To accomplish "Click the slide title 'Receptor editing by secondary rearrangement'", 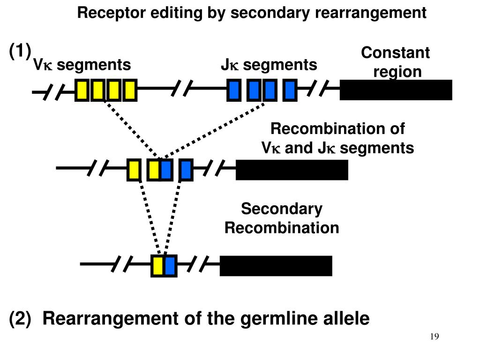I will click(252, 13).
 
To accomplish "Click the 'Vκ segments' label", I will click(82, 65).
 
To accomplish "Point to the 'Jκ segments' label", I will click(269, 65).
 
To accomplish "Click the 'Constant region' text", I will click(395, 62).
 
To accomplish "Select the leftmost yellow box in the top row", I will click(82, 90).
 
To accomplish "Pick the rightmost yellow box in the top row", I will click(129, 90).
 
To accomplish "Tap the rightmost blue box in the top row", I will click(290, 90).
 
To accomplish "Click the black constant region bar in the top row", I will click(396, 90).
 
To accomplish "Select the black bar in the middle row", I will click(292, 170).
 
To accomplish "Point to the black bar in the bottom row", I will click(276, 266).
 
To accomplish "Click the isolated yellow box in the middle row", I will click(134, 170).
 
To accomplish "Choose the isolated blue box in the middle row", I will click(186, 170).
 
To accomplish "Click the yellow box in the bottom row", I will click(158, 266).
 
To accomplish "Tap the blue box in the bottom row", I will click(170, 266).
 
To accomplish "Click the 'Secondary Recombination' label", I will click(281, 218).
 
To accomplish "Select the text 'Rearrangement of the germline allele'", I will click(206, 319).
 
